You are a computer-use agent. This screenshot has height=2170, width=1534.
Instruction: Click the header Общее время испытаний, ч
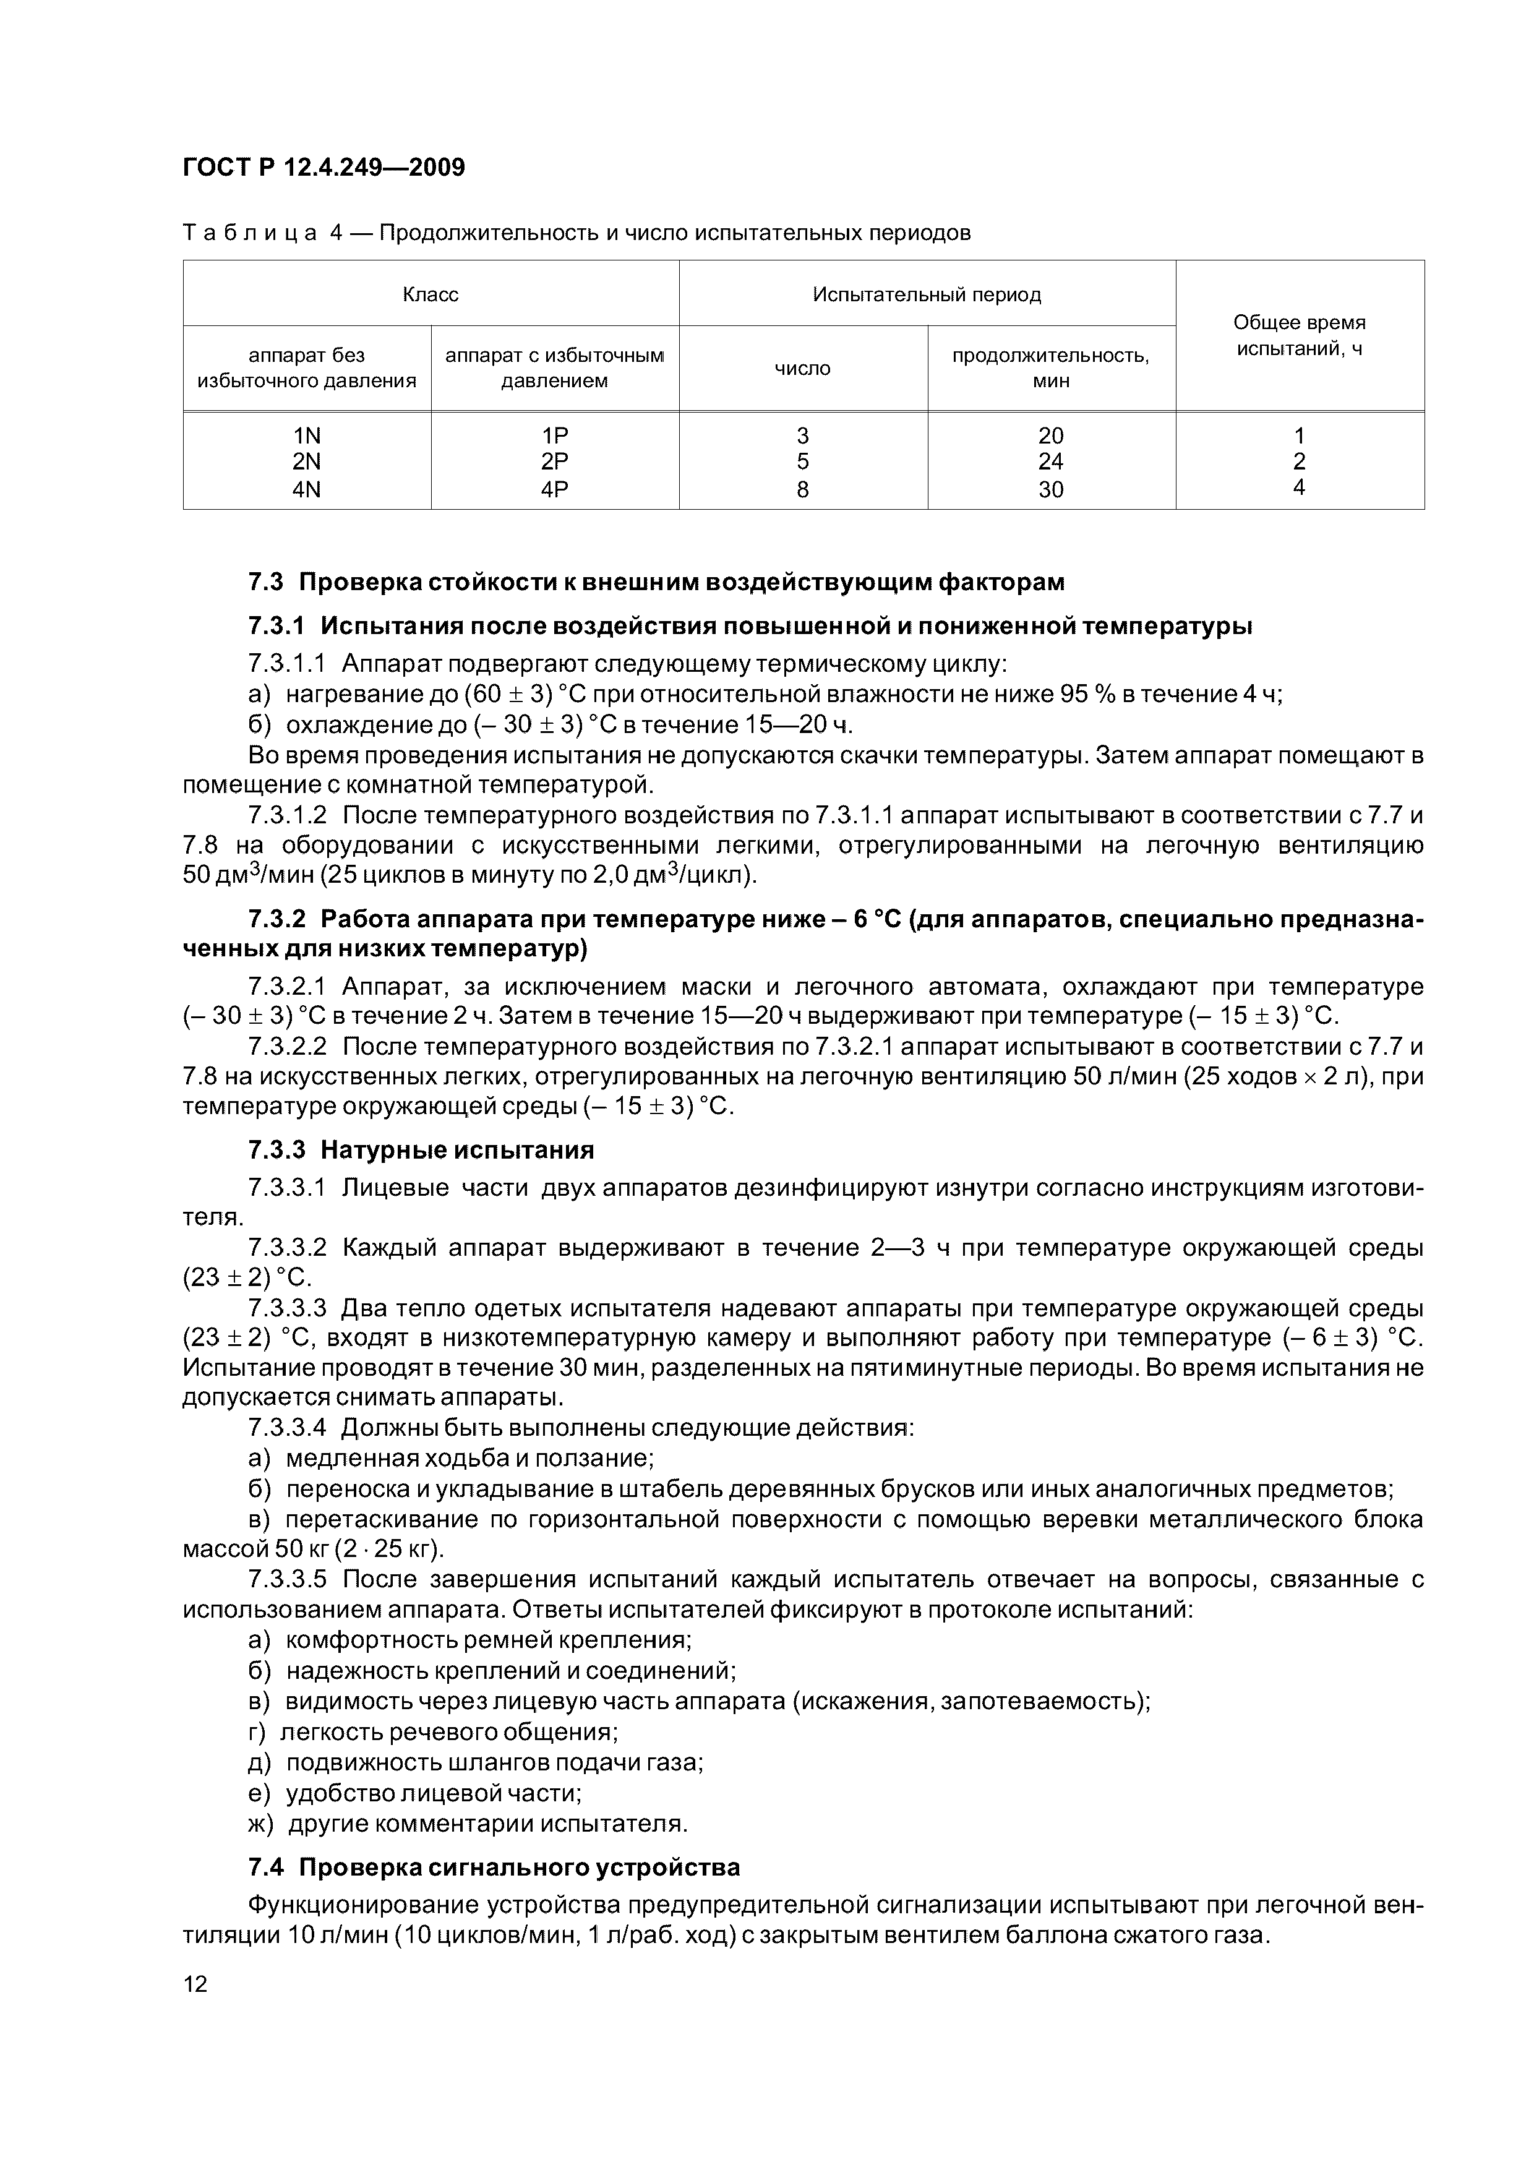1300,335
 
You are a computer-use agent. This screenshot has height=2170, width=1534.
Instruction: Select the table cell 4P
555,489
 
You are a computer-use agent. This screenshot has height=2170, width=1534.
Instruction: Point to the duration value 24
1050,462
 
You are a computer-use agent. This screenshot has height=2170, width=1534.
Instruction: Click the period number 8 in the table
802,489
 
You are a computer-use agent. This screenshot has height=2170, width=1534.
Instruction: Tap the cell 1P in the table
555,435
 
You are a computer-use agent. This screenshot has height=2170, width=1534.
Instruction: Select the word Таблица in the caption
249,233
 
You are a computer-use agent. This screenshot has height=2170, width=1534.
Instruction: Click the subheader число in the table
802,369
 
